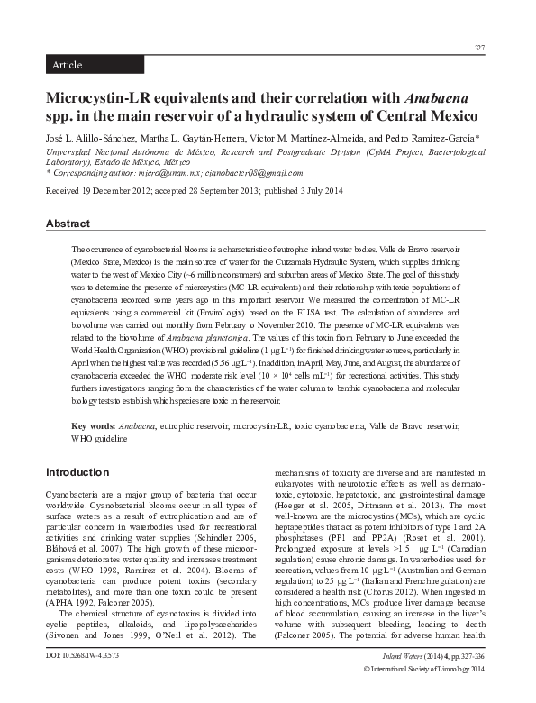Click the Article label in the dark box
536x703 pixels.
(68, 66)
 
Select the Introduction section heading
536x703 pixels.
(77, 471)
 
